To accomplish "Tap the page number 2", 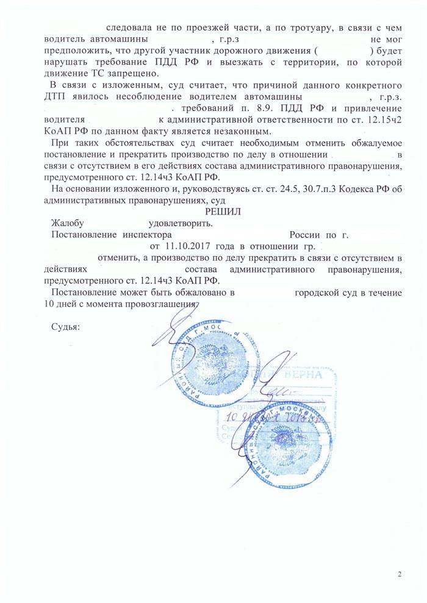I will coord(400,574).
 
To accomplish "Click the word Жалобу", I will coord(67,223).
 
